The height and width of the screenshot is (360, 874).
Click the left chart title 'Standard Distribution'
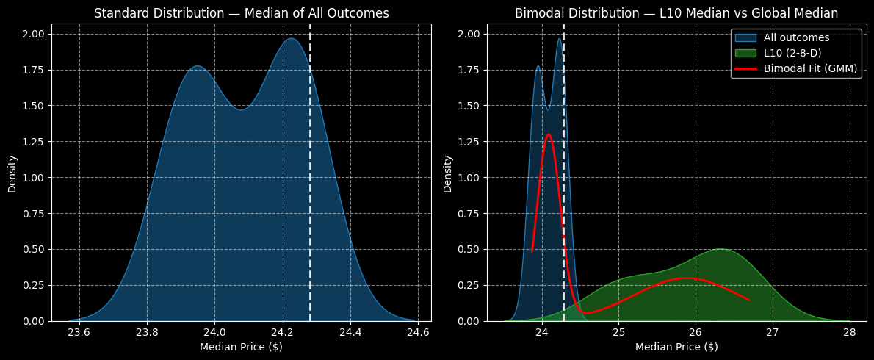click(241, 13)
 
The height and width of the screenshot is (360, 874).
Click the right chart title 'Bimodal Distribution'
click(676, 13)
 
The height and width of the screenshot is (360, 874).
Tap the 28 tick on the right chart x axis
click(850, 331)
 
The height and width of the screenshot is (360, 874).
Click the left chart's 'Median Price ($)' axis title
click(241, 347)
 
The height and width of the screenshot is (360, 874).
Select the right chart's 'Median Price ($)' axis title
click(676, 347)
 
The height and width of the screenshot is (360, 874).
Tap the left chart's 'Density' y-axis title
click(12, 174)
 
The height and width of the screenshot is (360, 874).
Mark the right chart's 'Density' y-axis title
click(447, 174)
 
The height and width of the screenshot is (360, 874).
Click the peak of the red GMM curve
click(548, 134)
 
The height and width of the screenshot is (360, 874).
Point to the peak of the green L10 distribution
click(721, 249)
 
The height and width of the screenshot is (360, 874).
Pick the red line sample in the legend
click(745, 68)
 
